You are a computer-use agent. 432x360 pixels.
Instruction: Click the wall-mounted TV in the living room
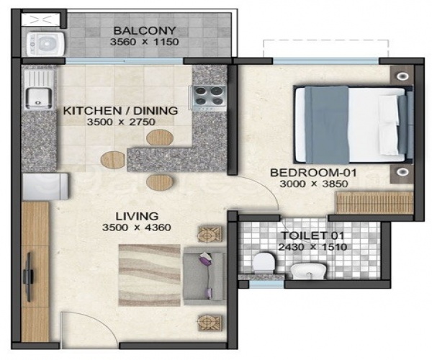coord(30,274)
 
